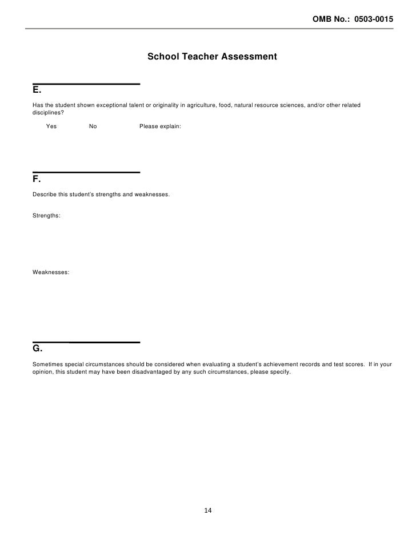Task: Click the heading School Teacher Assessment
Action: pos(212,57)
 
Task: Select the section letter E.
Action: pos(37,92)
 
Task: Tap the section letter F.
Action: pos(36,180)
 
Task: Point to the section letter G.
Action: pos(37,349)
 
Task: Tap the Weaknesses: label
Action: pos(51,273)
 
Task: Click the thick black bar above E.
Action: pos(86,84)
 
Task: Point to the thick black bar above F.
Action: pos(86,172)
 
